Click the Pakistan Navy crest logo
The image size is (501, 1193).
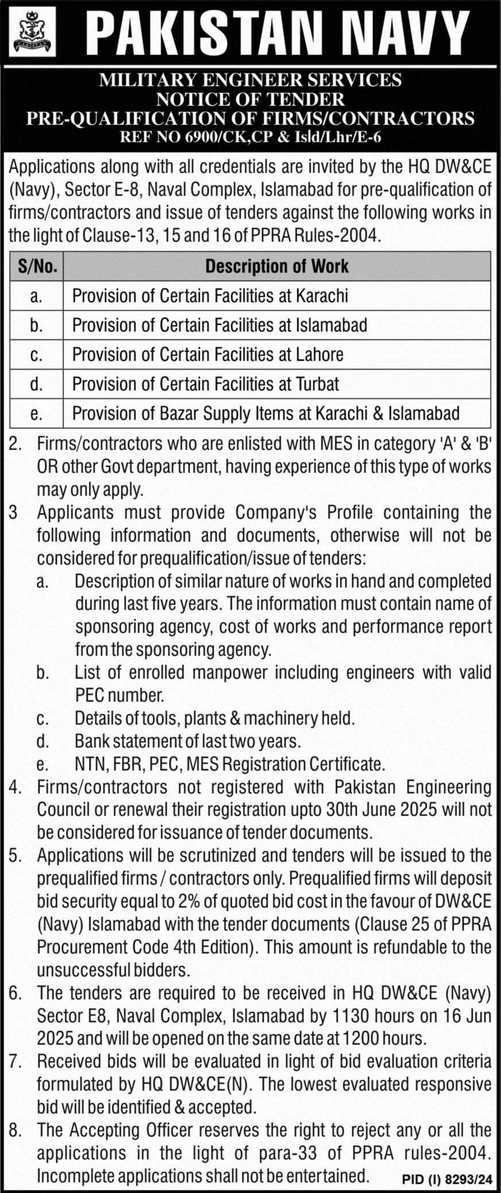pos(33,32)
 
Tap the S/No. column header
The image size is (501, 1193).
pos(36,267)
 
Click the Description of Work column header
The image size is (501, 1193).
pos(277,267)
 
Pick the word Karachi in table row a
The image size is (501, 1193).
pos(322,296)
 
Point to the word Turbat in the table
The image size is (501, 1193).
pos(317,384)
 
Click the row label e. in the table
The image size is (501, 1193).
pos(36,413)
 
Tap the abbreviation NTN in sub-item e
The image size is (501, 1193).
pos(90,764)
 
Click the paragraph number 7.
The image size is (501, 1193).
pos(15,1062)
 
